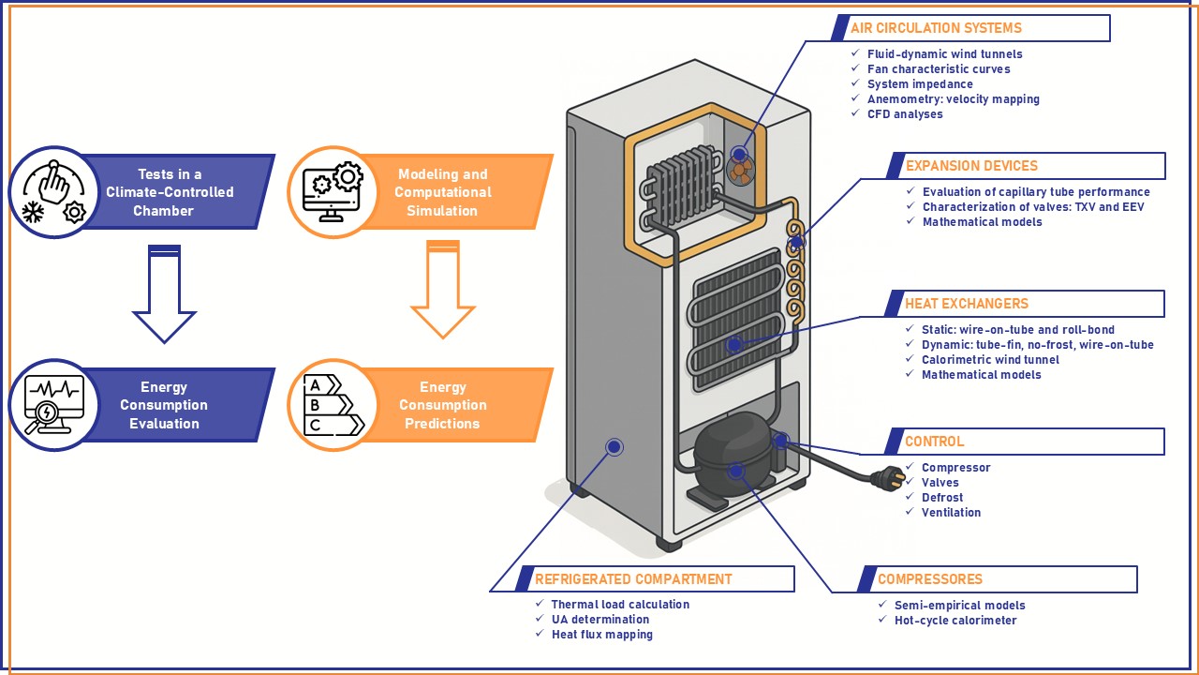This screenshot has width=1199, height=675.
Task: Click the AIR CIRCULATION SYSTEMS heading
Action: point(935,28)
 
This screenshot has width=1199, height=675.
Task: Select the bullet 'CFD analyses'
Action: point(904,114)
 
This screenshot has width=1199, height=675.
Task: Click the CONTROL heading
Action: point(934,442)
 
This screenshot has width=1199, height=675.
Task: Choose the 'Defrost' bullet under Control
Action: point(941,498)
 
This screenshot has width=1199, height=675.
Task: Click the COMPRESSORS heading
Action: point(929,579)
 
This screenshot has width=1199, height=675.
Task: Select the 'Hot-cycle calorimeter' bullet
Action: point(955,620)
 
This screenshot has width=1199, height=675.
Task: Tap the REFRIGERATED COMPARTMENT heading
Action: point(633,579)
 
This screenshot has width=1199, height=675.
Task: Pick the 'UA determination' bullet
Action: point(599,619)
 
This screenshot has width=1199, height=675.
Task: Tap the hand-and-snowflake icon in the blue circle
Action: point(54,192)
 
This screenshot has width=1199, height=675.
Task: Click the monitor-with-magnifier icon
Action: point(54,405)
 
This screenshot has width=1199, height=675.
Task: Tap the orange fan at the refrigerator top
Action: point(740,170)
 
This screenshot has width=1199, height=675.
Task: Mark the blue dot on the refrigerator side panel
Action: point(614,447)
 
